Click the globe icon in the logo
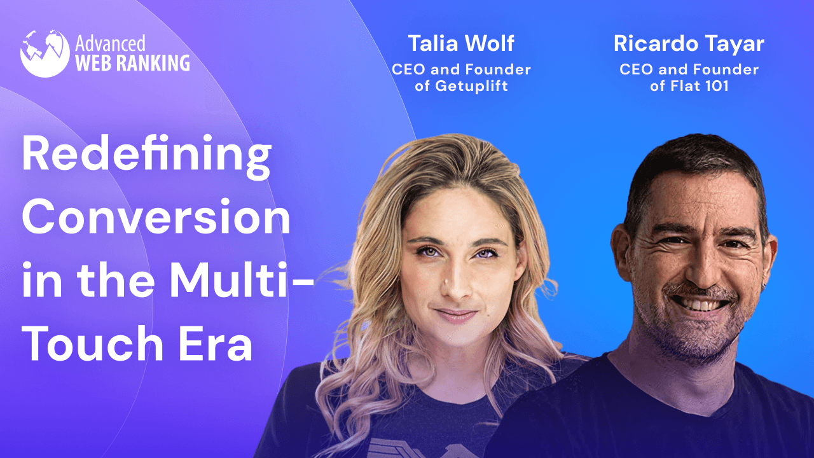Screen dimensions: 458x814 point(45,53)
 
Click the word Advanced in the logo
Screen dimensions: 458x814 point(110,43)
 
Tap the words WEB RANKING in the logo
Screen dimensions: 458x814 point(132,63)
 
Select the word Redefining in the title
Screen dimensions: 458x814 point(147,156)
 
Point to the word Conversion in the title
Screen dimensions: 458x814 point(156,218)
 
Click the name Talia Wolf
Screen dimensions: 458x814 point(461,44)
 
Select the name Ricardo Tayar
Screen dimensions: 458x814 point(689,44)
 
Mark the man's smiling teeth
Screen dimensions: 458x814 point(699,304)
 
